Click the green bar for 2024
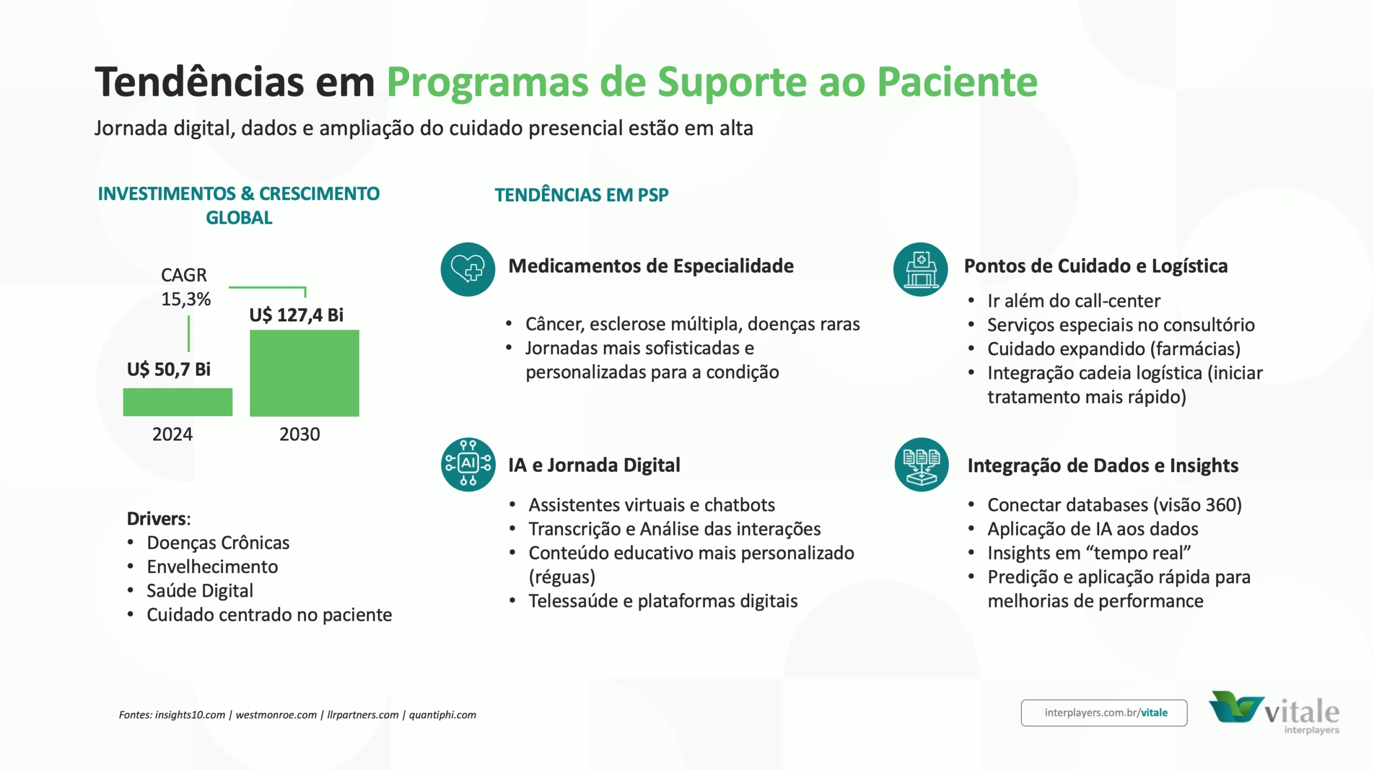178,402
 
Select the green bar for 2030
304,373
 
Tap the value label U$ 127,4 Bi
296,315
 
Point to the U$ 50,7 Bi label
169,369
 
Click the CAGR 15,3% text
185,287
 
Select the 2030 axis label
299,434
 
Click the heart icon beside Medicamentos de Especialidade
467,269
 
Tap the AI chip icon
468,464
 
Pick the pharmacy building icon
920,269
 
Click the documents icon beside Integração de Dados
921,464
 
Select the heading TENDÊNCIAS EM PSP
581,195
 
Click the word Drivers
158,519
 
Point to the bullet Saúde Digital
200,591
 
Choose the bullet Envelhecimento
212,567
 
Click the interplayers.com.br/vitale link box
1103,713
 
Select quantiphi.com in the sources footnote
442,715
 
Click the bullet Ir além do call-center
1073,301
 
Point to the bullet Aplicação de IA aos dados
1092,529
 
